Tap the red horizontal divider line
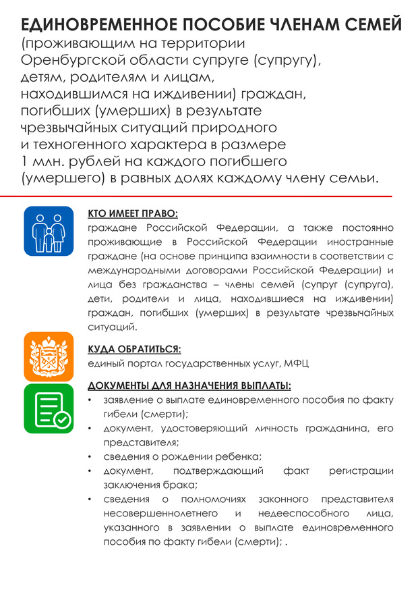click(202, 196)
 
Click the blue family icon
click(49, 231)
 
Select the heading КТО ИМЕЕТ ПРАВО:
click(133, 213)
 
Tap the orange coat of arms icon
click(49, 356)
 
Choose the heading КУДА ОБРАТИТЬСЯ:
click(135, 350)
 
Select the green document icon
click(49, 408)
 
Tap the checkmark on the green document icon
click(62, 420)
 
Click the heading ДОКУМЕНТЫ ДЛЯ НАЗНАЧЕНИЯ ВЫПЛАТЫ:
click(189, 387)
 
